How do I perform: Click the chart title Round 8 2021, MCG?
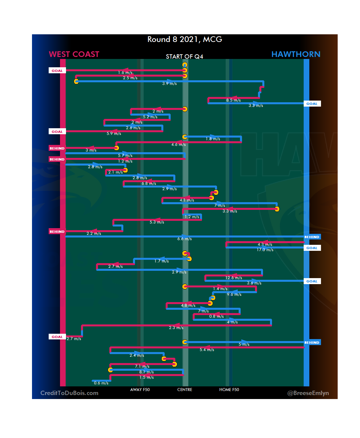click(x=185, y=39)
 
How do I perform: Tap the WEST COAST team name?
click(x=74, y=54)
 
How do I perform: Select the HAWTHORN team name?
click(x=296, y=54)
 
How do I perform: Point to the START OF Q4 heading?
click(x=184, y=57)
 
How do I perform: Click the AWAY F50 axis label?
click(x=140, y=390)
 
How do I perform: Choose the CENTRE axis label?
click(x=185, y=390)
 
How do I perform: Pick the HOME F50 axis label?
click(x=229, y=390)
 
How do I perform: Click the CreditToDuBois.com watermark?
click(x=69, y=393)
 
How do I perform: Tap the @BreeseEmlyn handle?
click(x=308, y=393)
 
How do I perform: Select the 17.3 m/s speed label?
click(x=265, y=250)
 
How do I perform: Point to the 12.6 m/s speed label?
click(x=234, y=278)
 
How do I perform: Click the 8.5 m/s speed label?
click(x=233, y=100)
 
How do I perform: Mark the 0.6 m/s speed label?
click(x=101, y=383)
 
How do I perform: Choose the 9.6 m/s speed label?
click(x=234, y=294)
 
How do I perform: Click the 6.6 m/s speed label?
click(x=184, y=239)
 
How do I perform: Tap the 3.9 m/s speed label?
click(x=169, y=84)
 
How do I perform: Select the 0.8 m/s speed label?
click(x=216, y=316)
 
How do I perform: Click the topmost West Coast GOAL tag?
click(x=57, y=71)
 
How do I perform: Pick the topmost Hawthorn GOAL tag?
click(x=312, y=104)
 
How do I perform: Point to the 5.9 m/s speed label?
click(x=114, y=134)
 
